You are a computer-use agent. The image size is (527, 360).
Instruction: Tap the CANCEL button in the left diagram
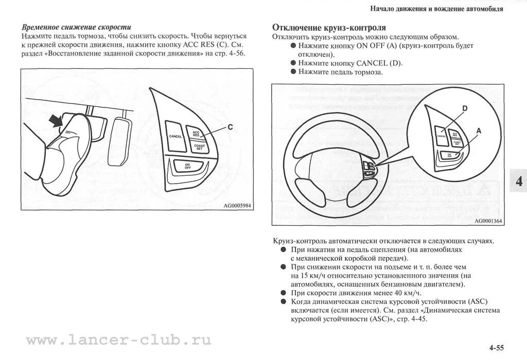(x=175, y=136)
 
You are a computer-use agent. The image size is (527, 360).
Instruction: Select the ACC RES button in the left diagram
(x=196, y=134)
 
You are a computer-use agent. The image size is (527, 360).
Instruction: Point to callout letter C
(x=230, y=127)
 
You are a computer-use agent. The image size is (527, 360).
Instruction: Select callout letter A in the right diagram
(x=478, y=131)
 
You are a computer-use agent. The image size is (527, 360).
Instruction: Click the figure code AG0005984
(x=239, y=205)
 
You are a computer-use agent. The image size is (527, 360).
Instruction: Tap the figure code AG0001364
(x=488, y=221)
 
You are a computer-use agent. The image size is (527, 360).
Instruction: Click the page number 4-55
(x=496, y=348)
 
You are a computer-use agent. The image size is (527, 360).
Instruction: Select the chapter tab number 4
(x=518, y=181)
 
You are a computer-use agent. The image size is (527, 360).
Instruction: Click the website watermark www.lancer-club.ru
(x=118, y=340)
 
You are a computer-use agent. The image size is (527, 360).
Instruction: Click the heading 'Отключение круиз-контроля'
(x=329, y=27)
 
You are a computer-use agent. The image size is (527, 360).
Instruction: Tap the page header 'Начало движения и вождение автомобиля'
(x=436, y=9)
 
